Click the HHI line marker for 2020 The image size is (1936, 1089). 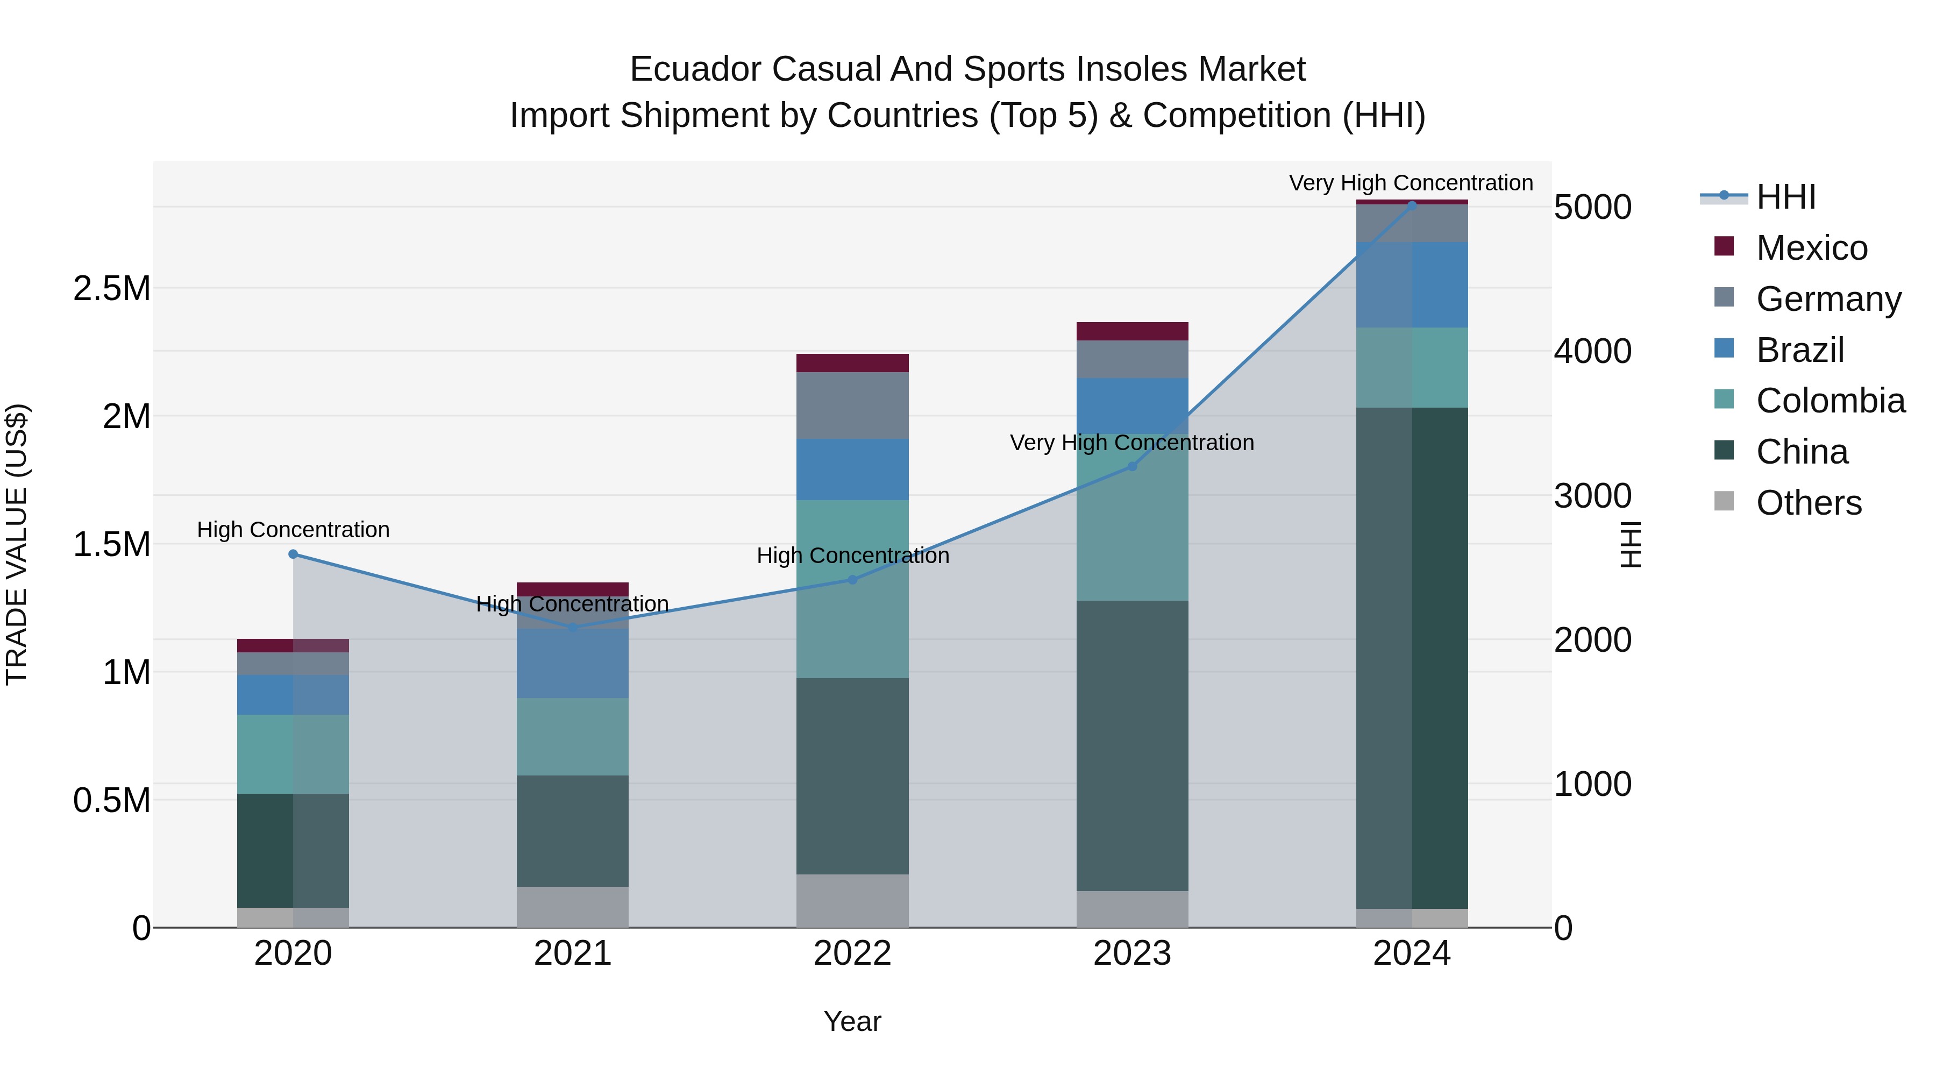point(293,554)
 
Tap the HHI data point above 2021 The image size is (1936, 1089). point(573,628)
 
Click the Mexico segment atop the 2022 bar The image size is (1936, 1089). point(852,363)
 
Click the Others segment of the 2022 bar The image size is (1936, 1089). point(852,900)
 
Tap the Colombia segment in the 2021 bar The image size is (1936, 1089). point(573,737)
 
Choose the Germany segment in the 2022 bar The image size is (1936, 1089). point(852,406)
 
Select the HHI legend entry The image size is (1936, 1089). point(1785,197)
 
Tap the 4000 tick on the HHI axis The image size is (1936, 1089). point(1592,351)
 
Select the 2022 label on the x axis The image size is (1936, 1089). point(852,953)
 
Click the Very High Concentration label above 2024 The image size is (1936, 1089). point(1411,183)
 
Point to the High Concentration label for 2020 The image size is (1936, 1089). point(293,530)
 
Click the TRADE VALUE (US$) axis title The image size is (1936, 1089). point(17,544)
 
